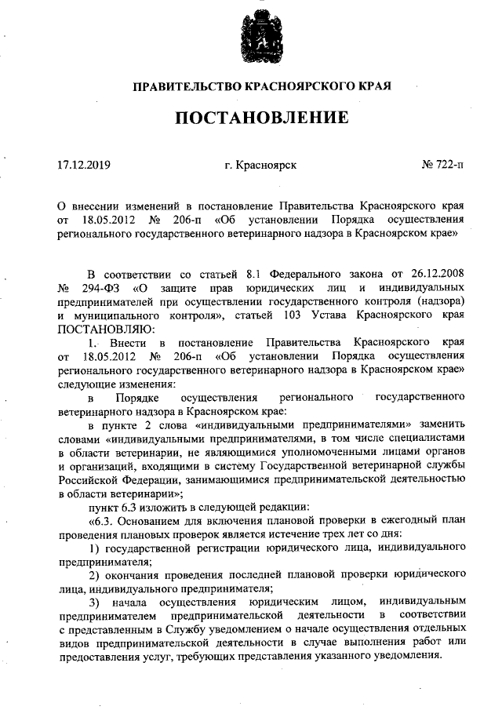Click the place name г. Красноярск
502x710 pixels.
coord(260,166)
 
